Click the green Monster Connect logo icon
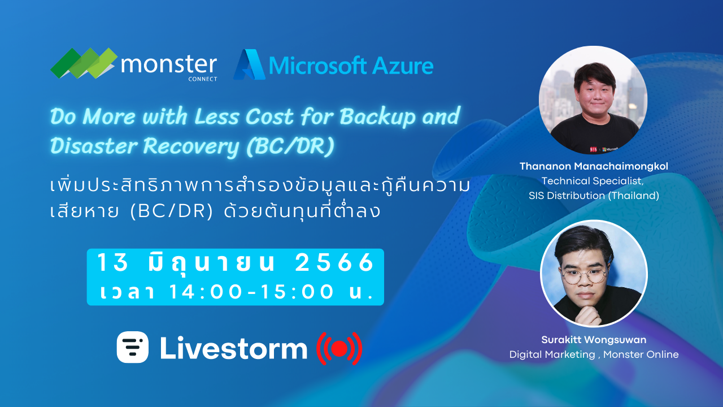tap(84, 63)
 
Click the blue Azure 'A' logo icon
tap(249, 64)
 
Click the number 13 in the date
tap(110, 262)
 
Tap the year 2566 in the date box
tap(335, 262)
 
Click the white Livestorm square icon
tap(133, 347)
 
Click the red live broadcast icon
tap(338, 348)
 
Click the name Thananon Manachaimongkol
tap(593, 167)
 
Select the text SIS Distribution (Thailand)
tap(594, 196)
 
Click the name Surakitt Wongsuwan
tap(594, 340)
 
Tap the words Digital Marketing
tap(551, 354)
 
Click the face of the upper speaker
tap(592, 94)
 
